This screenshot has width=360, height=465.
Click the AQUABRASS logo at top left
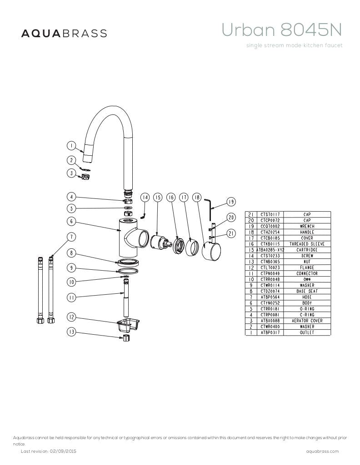64,33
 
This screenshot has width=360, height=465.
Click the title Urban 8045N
281,30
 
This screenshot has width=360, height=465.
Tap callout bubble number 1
71,146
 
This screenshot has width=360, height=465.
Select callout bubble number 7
71,237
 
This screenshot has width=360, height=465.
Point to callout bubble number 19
231,202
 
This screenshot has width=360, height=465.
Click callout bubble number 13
71,332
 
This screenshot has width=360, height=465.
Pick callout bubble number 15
158,198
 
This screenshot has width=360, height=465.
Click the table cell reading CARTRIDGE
307,250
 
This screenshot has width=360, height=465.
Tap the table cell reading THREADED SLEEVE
307,244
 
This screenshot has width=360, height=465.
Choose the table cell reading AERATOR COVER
307,321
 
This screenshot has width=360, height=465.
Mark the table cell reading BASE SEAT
307,291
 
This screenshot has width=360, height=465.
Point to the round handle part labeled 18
211,251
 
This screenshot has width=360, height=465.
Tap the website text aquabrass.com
322,451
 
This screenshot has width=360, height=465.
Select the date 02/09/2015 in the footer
63,451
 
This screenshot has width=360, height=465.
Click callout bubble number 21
231,233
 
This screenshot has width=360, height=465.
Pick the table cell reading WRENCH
307,226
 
